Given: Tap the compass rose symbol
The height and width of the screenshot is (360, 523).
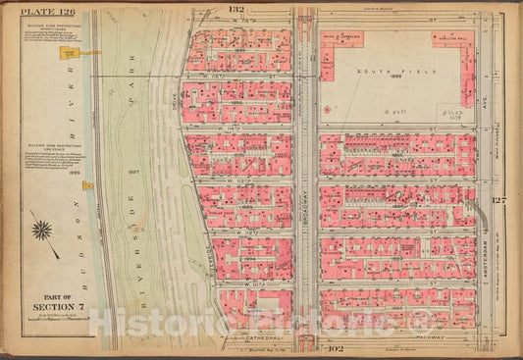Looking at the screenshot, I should (41, 232).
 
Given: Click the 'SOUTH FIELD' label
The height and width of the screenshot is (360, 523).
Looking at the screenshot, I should (377, 72).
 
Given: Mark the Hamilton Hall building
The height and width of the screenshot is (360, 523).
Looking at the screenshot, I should (453, 40).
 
